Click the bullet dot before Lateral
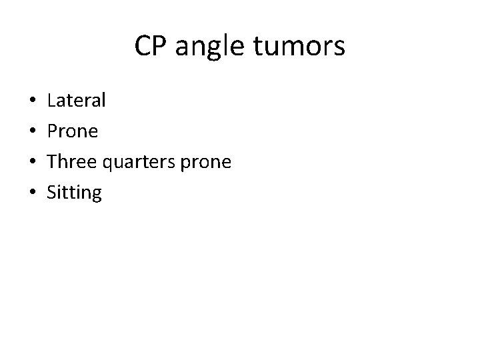(x=33, y=101)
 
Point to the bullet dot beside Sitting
(x=33, y=193)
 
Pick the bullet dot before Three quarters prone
(x=33, y=163)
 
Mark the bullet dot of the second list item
(x=33, y=132)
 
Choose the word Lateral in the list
(x=77, y=101)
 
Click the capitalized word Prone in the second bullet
(x=73, y=132)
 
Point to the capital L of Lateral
(x=51, y=101)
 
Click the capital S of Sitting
(x=52, y=193)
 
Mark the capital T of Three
(x=52, y=162)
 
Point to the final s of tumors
(x=339, y=49)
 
